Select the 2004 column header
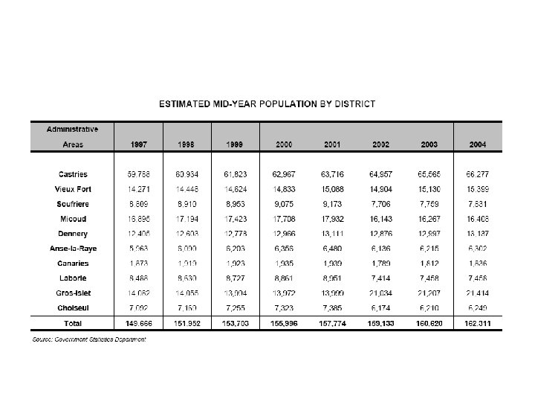[x=479, y=143]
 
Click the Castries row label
[x=73, y=174]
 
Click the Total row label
[x=73, y=324]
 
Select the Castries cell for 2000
[x=288, y=174]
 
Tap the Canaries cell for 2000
[x=288, y=264]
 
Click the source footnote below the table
[x=88, y=339]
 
